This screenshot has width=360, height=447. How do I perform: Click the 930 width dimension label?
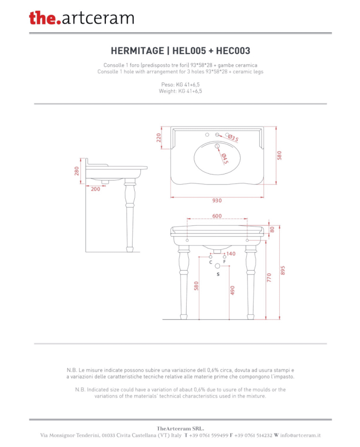pos(217,201)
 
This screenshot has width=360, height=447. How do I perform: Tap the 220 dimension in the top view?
pos(159,138)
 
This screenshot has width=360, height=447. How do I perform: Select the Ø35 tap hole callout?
pos(233,138)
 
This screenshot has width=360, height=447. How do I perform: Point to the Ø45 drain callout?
pos(225,159)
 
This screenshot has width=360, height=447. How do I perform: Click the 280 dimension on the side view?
pos(77,171)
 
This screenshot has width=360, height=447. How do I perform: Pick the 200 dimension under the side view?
pos(96,189)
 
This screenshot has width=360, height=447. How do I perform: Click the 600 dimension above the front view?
pos(217,216)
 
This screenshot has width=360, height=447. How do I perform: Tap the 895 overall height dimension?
pos(283,270)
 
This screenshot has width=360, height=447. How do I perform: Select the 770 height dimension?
pos(269,278)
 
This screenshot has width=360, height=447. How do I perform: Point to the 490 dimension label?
pos(232,290)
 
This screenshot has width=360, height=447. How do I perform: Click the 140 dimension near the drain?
pos(231,254)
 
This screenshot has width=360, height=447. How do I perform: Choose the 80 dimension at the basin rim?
pos(272,229)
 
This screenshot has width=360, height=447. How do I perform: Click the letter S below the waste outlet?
pos(218,274)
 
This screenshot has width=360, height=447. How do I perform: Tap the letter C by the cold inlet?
pos(211,262)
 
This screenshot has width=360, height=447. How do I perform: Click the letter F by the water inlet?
pos(224,262)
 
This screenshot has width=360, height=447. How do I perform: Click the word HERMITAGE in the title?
pos(137,51)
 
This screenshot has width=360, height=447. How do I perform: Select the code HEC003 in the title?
pos(233,51)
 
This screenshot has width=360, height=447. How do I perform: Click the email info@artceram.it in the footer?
pos(300,435)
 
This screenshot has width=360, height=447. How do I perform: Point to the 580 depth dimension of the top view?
pos(279,155)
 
